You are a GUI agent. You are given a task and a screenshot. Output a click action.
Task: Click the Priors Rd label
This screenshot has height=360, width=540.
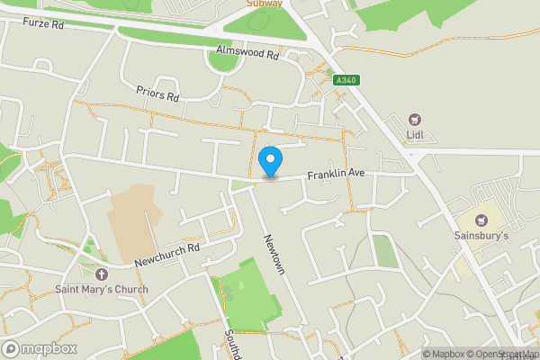click(158, 93)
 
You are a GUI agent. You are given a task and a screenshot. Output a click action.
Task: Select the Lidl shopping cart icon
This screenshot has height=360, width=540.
click(415, 118)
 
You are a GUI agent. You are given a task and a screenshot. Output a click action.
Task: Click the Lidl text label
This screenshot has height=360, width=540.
click(415, 135)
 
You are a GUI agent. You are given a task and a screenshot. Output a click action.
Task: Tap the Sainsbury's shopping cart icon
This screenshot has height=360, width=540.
click(480, 220)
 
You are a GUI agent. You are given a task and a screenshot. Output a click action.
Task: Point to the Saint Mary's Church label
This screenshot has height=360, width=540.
click(101, 289)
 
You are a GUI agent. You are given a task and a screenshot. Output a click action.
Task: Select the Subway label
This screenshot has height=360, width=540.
click(265, 4)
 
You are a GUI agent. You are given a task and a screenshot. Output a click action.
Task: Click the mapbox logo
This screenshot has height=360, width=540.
click(39, 348)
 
